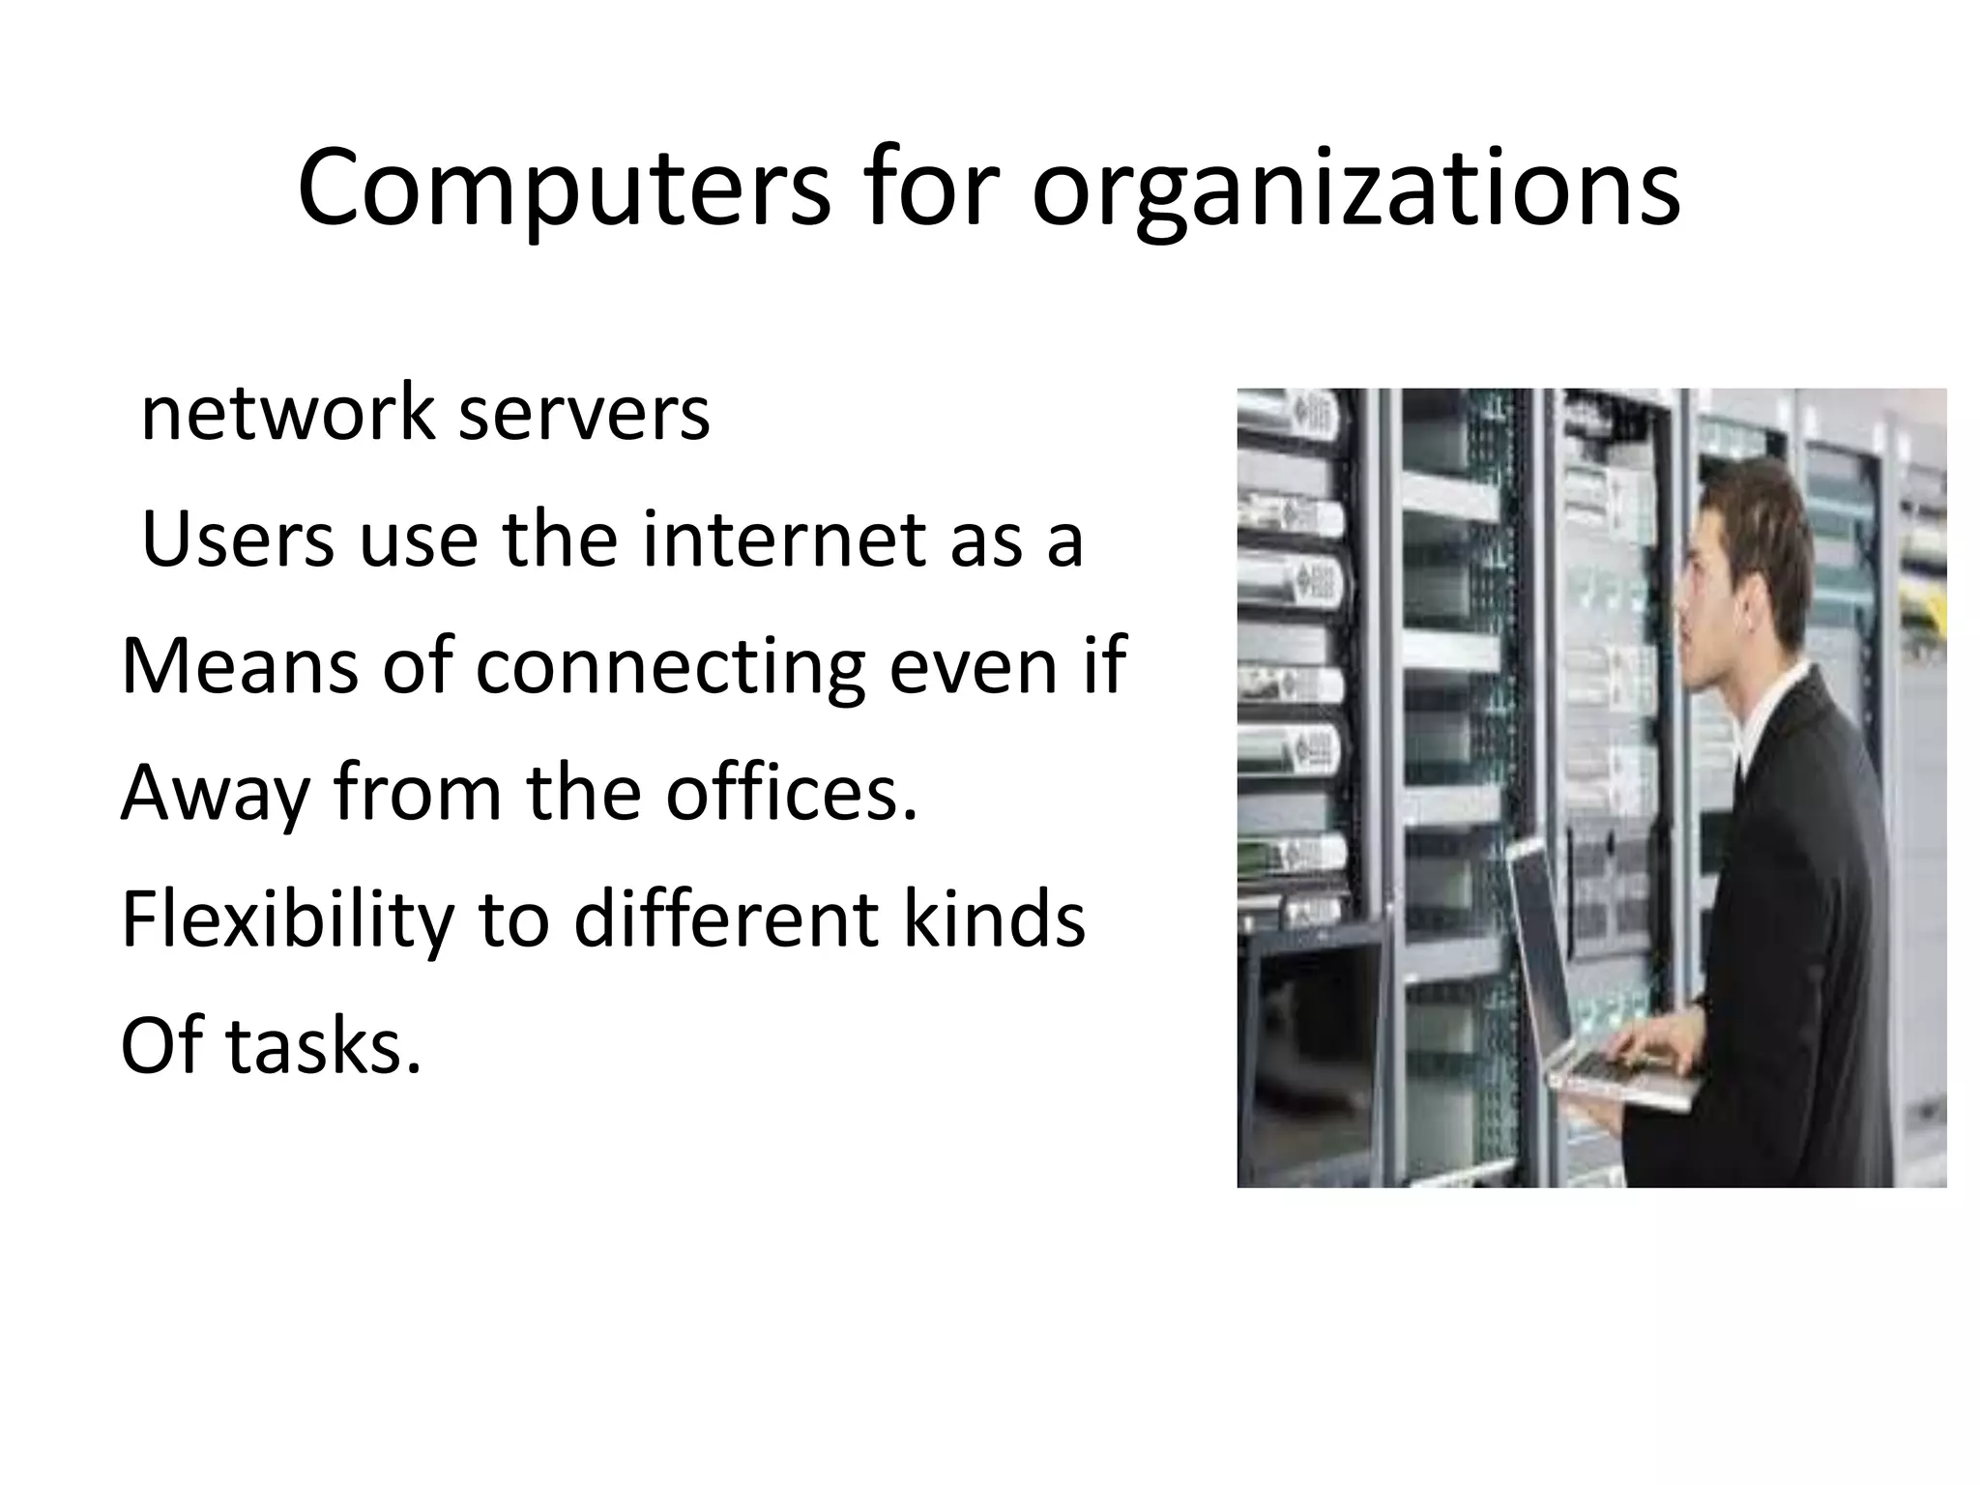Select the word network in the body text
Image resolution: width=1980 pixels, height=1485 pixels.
point(287,413)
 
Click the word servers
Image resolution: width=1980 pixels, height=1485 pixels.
point(583,413)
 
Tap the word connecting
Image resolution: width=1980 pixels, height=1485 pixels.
point(670,667)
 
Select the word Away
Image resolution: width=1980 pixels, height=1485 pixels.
point(216,793)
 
